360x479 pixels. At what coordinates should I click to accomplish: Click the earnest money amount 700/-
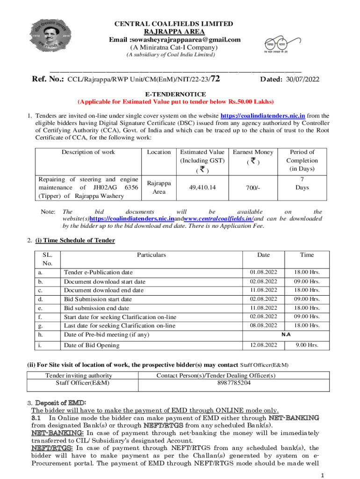[x=253, y=188]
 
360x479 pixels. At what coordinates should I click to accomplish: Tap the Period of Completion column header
[x=302, y=160]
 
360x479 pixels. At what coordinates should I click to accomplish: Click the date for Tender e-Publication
[x=263, y=272]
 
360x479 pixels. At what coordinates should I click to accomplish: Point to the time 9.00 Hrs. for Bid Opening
[x=307, y=345]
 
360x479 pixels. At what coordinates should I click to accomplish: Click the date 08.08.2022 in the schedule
[x=263, y=326]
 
